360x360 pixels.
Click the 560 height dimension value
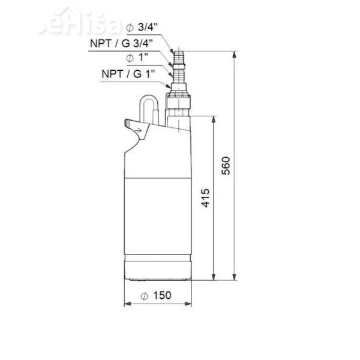click(226, 166)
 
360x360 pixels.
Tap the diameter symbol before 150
click(146, 295)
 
